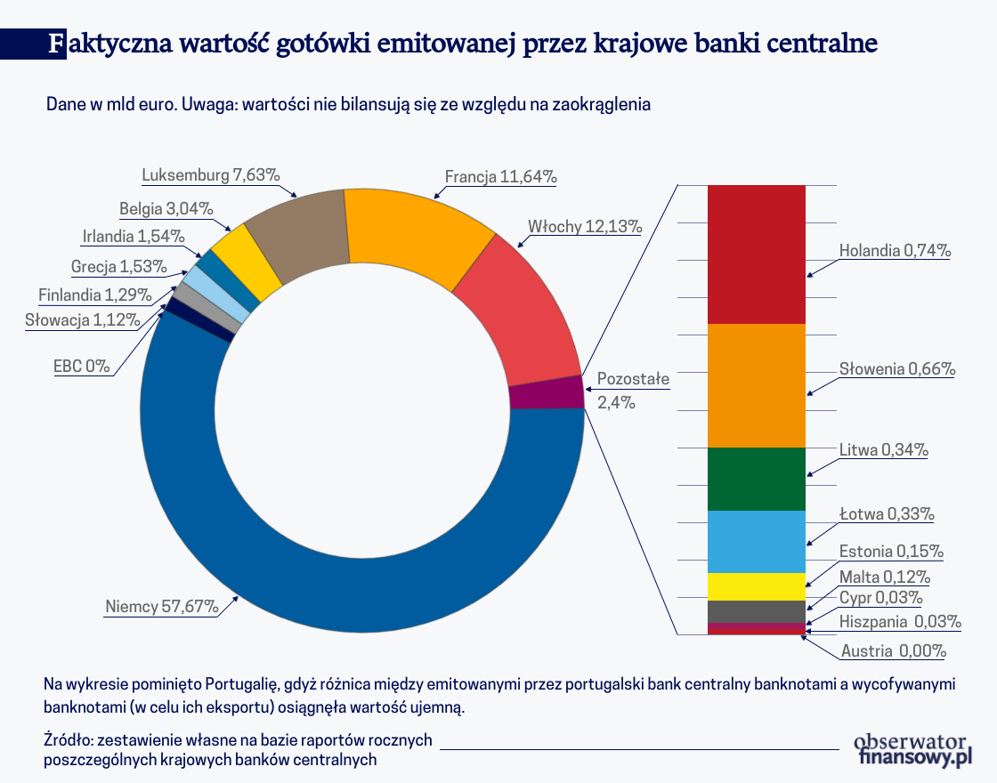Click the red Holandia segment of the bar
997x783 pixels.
tap(756, 254)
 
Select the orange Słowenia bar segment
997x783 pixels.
tap(756, 384)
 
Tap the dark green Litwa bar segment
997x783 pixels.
tap(756, 479)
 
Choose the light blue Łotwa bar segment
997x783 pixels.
tap(756, 541)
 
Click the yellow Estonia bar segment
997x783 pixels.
tap(756, 586)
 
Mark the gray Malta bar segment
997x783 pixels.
tap(756, 611)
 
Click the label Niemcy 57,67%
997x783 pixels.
tap(161, 608)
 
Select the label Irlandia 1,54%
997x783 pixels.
tap(134, 237)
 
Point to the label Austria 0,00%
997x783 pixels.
tap(893, 651)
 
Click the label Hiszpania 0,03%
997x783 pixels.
tap(899, 621)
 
